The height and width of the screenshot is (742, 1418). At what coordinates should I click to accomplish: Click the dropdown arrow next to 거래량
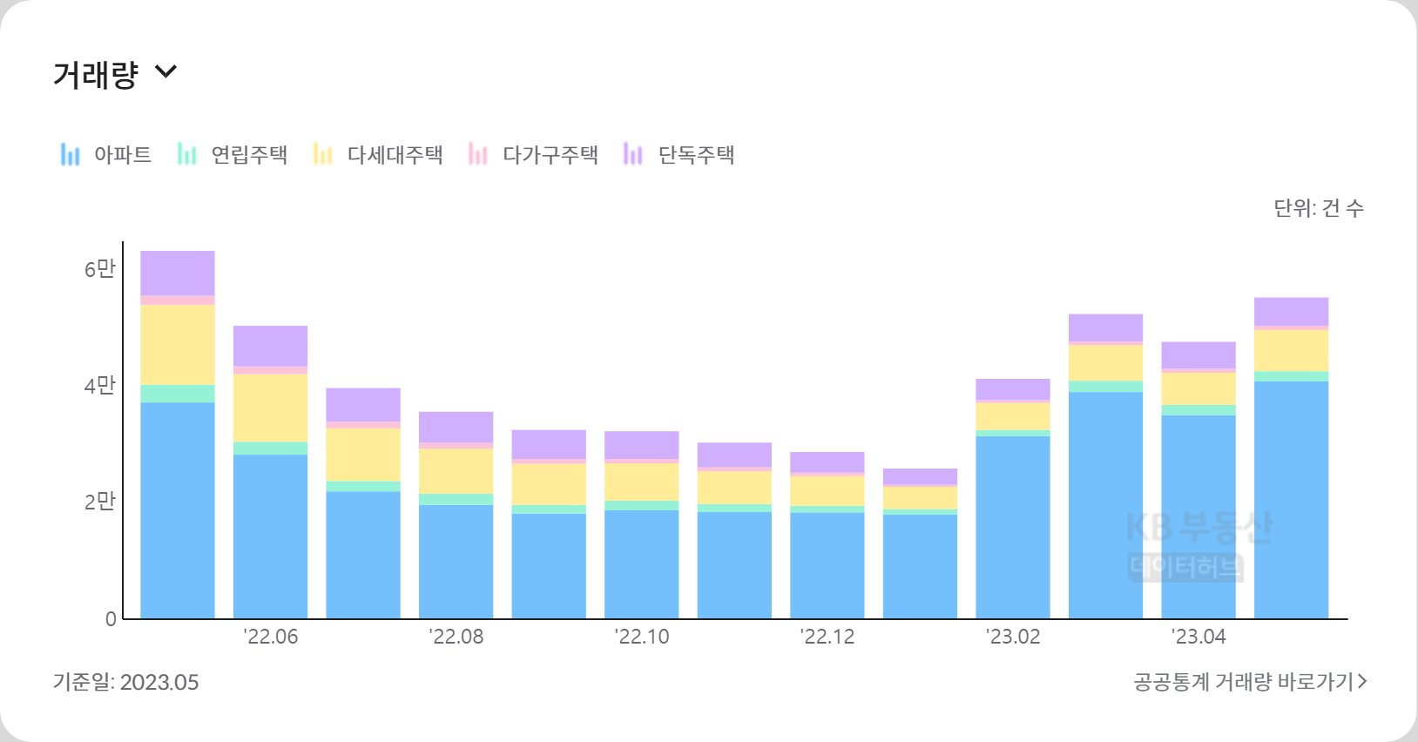tap(165, 72)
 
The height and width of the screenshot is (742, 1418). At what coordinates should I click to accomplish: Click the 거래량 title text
tap(96, 75)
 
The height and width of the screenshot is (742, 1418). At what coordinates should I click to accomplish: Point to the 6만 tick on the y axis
tap(99, 269)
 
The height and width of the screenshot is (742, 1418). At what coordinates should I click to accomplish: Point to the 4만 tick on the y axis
tap(99, 385)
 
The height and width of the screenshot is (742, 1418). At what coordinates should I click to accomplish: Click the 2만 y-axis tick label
tap(99, 501)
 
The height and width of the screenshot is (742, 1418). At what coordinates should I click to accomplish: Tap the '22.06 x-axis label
tap(271, 637)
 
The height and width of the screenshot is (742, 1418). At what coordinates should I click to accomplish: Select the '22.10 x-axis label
tap(642, 637)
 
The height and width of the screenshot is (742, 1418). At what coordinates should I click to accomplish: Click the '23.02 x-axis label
tap(1013, 637)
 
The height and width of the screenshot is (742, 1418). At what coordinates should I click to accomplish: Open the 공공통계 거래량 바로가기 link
tap(1250, 682)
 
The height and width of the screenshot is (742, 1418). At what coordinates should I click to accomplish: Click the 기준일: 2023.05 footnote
tap(126, 682)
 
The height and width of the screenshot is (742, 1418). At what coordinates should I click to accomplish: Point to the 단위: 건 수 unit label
tap(1319, 208)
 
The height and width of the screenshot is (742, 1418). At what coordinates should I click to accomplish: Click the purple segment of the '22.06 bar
tap(270, 346)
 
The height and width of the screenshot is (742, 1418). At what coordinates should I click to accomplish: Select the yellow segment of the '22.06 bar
tap(270, 408)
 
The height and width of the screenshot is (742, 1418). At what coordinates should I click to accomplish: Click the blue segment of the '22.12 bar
tap(827, 565)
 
